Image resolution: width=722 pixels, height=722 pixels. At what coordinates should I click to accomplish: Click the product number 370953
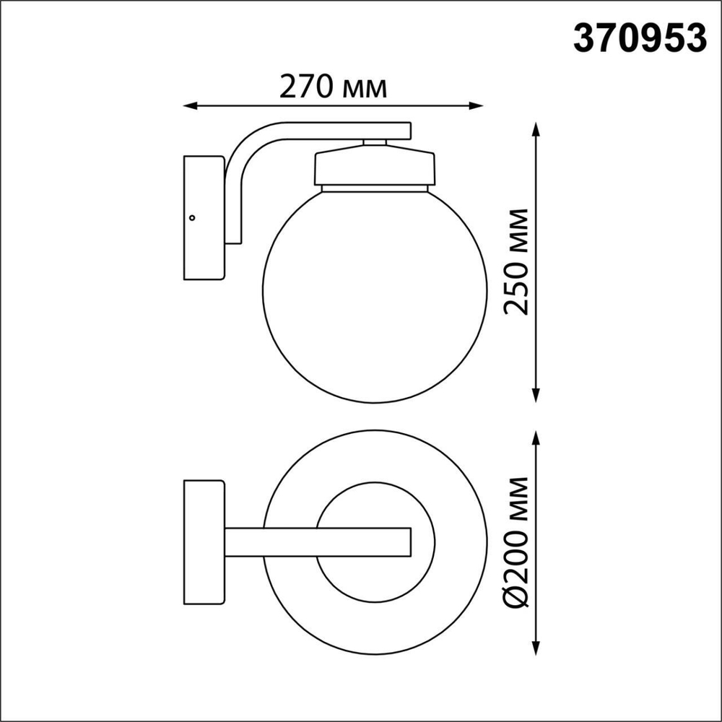coord(638,38)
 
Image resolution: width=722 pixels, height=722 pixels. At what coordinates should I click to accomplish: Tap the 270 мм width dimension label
coord(334,87)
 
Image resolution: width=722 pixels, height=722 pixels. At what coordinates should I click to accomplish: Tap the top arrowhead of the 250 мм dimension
coord(536,129)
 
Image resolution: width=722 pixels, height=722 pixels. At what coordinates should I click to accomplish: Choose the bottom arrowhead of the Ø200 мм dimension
coord(536,642)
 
